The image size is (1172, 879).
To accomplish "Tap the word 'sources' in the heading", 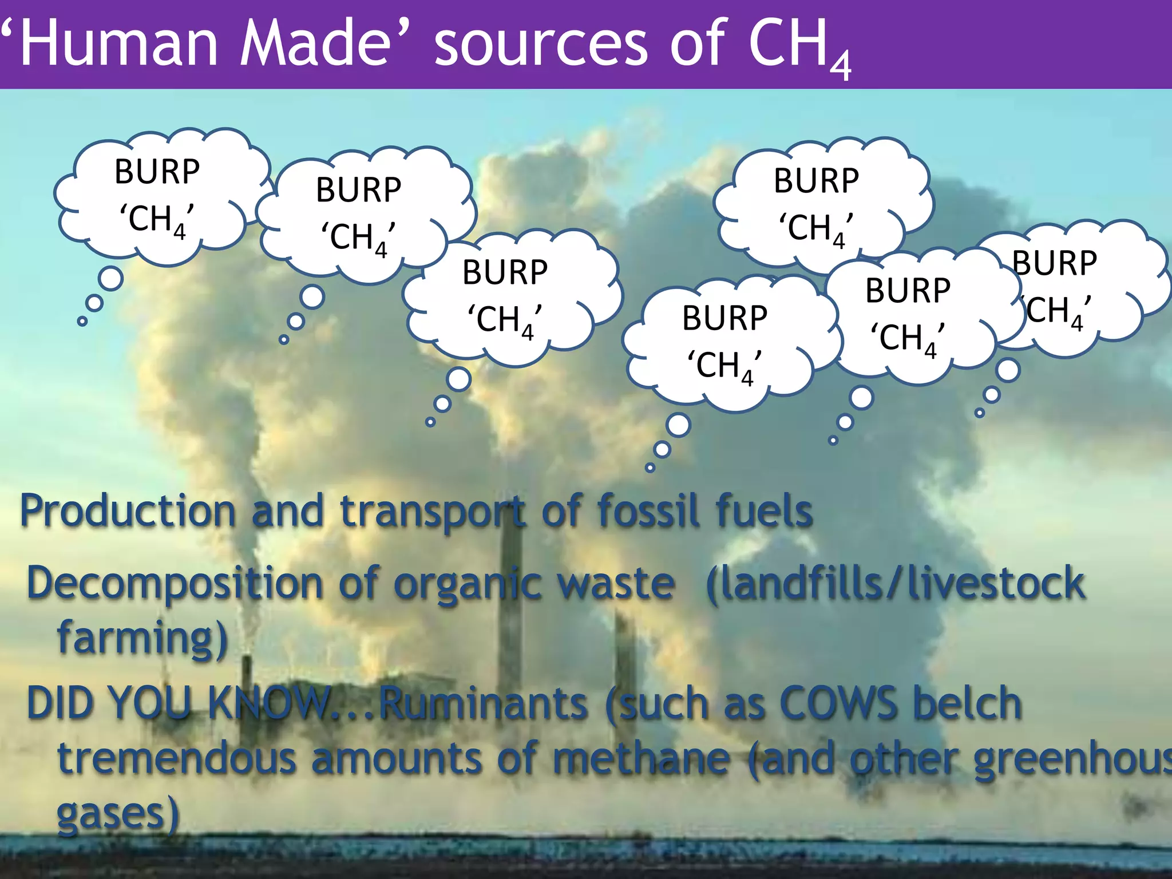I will click(540, 45).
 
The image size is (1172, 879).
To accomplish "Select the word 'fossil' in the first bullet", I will click(648, 510).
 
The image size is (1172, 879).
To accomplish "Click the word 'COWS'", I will click(838, 703).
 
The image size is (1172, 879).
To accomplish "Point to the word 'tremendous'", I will click(177, 758).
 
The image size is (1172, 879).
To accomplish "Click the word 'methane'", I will click(641, 758).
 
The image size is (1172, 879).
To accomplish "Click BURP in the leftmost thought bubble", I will click(157, 171).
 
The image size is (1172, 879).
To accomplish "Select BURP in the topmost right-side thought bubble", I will click(816, 180).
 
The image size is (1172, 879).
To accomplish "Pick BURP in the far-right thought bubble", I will click(1054, 263).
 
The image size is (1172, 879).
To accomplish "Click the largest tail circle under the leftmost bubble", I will click(110, 278).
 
